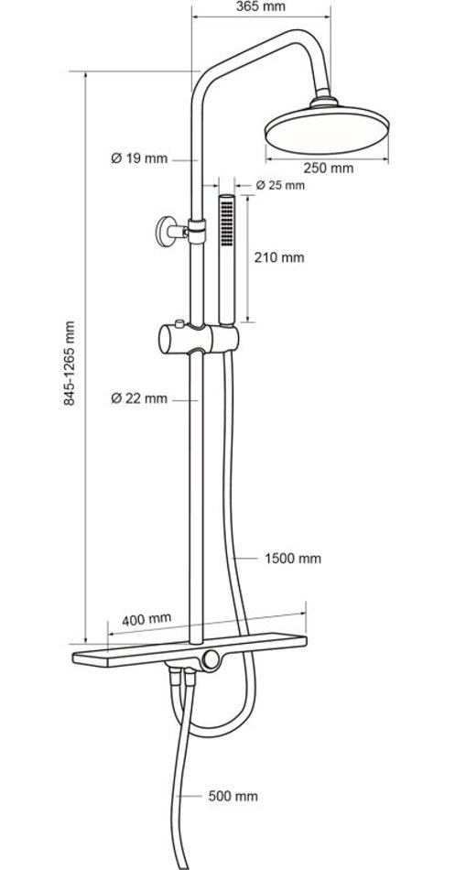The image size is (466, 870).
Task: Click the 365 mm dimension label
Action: click(x=260, y=6)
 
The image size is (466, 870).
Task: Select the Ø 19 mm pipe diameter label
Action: click(x=139, y=158)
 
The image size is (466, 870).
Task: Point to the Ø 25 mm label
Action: click(x=280, y=185)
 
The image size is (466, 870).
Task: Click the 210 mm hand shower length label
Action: click(x=279, y=257)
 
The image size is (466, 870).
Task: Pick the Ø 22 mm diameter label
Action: click(x=139, y=397)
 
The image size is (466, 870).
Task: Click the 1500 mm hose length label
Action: click(x=292, y=559)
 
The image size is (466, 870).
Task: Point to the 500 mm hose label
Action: click(x=233, y=796)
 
